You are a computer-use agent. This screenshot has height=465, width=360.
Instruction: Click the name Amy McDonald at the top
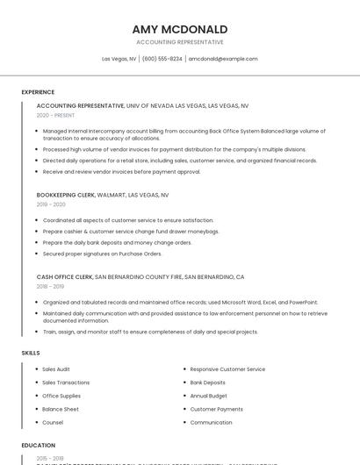click(179, 29)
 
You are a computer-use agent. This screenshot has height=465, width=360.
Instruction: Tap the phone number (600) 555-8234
click(162, 59)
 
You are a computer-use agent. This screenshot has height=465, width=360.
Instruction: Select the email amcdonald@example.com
click(223, 59)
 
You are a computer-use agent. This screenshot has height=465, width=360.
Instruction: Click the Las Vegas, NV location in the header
click(119, 59)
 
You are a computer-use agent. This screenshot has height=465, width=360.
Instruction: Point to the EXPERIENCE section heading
click(38, 92)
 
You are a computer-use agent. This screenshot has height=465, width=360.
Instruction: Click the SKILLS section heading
click(31, 353)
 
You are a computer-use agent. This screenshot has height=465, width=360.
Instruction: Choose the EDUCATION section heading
click(39, 446)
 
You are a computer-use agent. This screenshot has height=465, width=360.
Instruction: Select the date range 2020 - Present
click(55, 115)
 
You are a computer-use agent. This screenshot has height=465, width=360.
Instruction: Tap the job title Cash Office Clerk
click(64, 276)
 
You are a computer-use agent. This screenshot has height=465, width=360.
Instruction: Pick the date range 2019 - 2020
click(51, 204)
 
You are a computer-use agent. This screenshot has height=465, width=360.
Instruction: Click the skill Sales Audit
click(56, 369)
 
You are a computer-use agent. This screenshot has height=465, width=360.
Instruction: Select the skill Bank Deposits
click(207, 383)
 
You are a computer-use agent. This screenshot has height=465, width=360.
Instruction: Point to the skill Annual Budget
click(209, 396)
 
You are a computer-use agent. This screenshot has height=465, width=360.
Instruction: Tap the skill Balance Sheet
click(61, 409)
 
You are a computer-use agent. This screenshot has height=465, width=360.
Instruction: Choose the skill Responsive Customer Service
click(227, 369)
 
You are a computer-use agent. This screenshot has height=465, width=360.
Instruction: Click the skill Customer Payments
click(216, 409)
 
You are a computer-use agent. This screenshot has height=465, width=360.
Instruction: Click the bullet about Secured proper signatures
click(102, 254)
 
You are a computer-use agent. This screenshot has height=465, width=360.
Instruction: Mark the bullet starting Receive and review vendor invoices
click(121, 172)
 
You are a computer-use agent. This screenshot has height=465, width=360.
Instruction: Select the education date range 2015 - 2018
click(50, 458)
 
